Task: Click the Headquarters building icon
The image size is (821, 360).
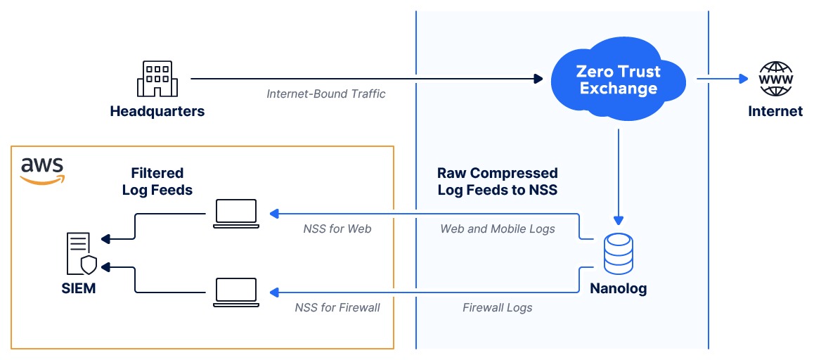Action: [x=157, y=79]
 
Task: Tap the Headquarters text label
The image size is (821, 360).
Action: [x=157, y=111]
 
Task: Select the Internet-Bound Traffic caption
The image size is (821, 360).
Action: [x=325, y=94]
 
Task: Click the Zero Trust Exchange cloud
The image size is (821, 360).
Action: [x=619, y=79]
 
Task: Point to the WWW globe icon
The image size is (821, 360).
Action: [x=776, y=79]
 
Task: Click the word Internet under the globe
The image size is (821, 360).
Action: [x=775, y=111]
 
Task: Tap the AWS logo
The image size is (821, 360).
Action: [x=42, y=171]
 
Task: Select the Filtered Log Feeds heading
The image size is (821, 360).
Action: [x=157, y=181]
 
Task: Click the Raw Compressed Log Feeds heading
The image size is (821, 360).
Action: [x=498, y=181]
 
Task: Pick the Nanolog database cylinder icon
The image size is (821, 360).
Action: [x=619, y=254]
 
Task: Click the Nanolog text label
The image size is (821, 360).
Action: [x=619, y=288]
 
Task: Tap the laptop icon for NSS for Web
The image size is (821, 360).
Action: [x=235, y=213]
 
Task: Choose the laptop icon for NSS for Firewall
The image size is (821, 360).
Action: [x=235, y=292]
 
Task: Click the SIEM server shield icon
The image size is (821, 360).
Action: [x=82, y=254]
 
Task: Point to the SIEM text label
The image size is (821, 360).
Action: [x=79, y=288]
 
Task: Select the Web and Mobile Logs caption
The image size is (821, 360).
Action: [x=498, y=229]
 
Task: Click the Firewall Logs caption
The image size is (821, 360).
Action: [x=498, y=307]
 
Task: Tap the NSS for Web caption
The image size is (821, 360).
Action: [x=337, y=229]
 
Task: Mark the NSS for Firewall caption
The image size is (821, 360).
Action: [x=337, y=307]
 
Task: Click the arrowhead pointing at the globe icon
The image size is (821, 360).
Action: [x=744, y=79]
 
